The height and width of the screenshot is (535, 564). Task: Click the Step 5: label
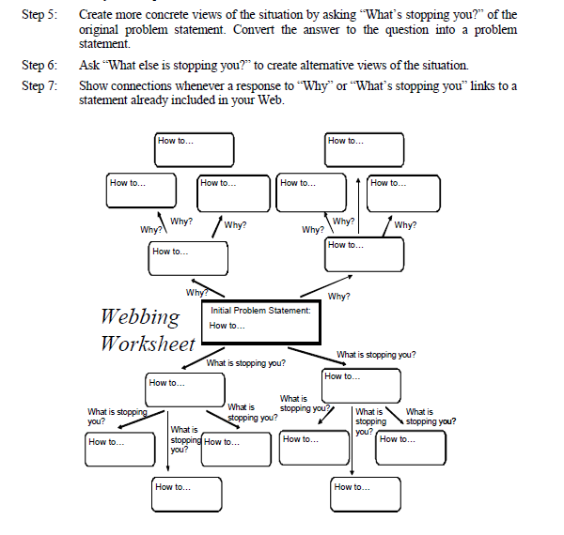coord(38,15)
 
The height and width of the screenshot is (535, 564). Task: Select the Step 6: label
coord(38,66)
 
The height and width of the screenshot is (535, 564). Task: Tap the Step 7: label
coord(38,85)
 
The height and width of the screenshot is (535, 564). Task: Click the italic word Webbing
coord(140,315)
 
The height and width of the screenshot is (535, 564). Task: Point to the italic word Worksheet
coord(148,343)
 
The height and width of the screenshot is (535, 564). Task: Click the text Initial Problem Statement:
coord(260,311)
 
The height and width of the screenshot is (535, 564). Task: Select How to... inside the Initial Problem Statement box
coord(227,326)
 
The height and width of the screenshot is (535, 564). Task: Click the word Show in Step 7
coord(91,85)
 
